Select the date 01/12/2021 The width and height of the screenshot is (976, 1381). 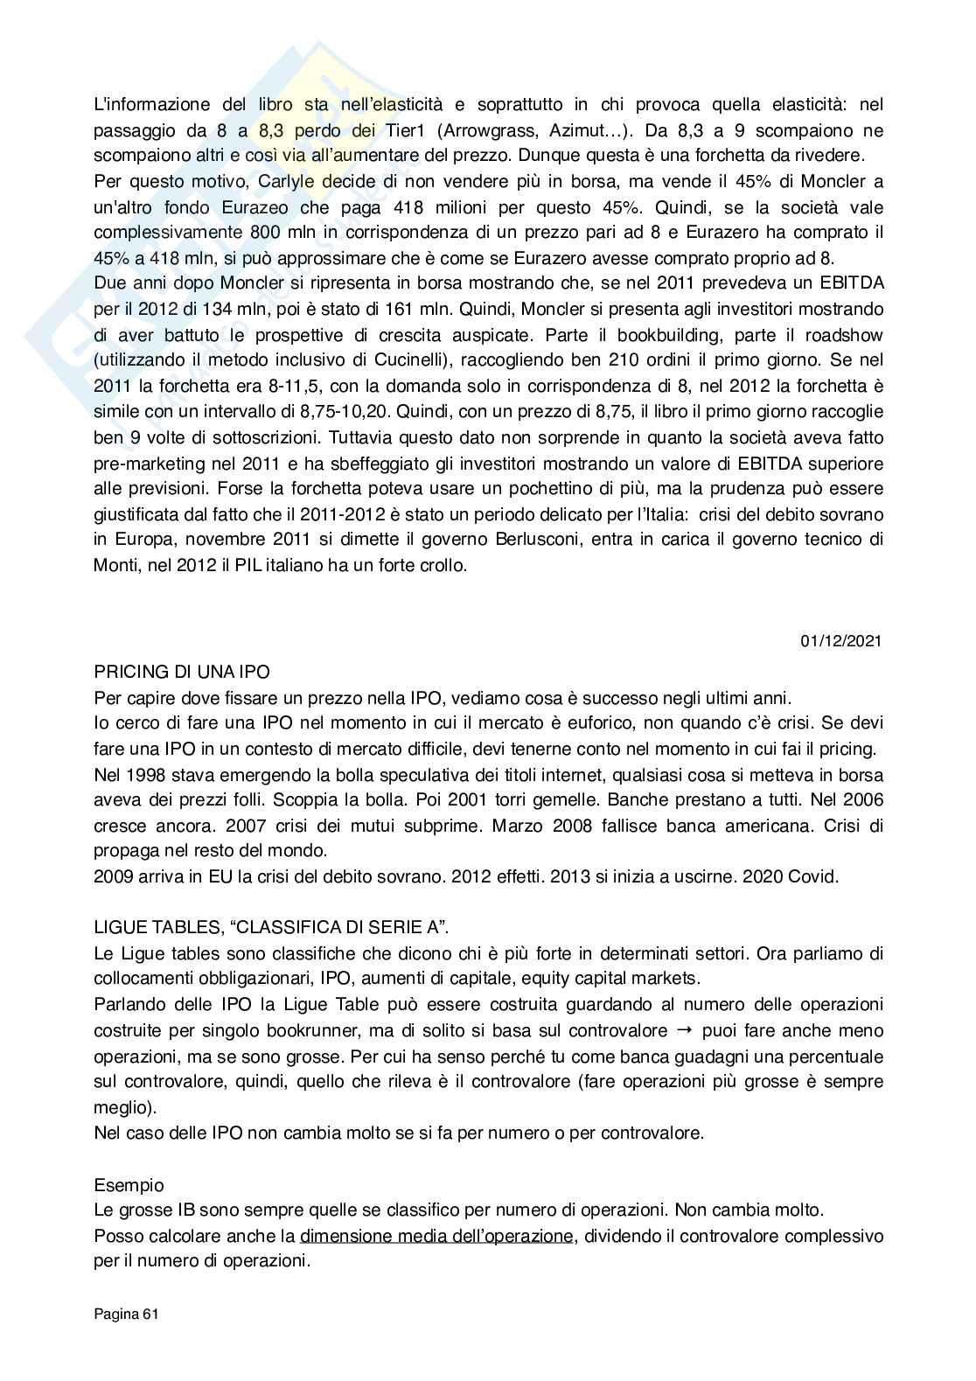coord(840,641)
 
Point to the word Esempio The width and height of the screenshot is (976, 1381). coord(129,1185)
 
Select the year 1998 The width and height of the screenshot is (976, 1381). coord(143,775)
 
